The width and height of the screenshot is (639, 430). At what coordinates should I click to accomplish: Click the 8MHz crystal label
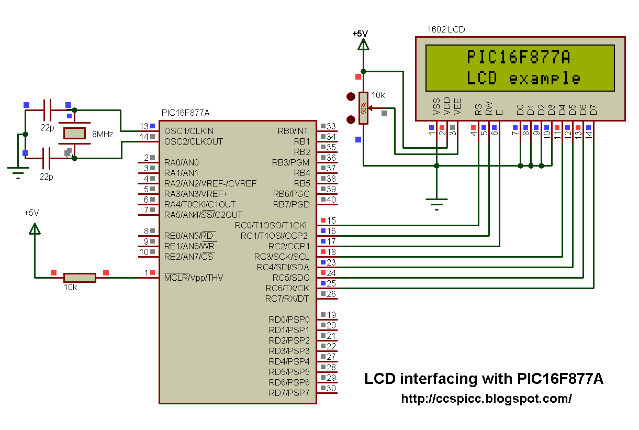click(x=103, y=134)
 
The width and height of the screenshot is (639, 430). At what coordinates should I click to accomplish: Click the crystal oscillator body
click(x=74, y=134)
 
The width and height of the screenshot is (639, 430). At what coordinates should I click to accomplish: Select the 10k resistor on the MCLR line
click(x=80, y=278)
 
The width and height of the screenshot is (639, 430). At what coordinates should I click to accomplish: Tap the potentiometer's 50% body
click(x=363, y=108)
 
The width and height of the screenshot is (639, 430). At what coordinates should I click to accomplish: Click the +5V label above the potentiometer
click(x=360, y=34)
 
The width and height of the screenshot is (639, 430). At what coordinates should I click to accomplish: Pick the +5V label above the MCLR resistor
click(x=31, y=213)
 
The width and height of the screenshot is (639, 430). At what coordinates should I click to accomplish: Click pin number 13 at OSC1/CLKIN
click(x=144, y=126)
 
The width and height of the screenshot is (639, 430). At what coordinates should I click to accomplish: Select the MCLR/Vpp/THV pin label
click(x=194, y=278)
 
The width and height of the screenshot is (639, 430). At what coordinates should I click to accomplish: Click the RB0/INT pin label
click(x=293, y=131)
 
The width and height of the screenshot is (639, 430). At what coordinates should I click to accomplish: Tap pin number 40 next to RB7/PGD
click(x=331, y=200)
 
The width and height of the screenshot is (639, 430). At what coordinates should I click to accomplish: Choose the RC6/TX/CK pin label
click(x=287, y=288)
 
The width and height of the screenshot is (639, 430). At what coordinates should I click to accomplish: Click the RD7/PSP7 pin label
click(x=289, y=393)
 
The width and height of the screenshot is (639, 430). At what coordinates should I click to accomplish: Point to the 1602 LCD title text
click(x=446, y=29)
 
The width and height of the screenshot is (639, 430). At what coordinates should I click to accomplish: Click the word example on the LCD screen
click(x=545, y=79)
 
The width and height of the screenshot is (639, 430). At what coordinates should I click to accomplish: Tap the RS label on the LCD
click(x=478, y=109)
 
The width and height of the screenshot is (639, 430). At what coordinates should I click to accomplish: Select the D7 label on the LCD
click(x=593, y=109)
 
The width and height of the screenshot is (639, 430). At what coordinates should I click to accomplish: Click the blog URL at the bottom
click(x=486, y=399)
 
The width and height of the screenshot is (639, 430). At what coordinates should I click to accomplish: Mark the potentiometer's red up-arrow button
click(x=351, y=97)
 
